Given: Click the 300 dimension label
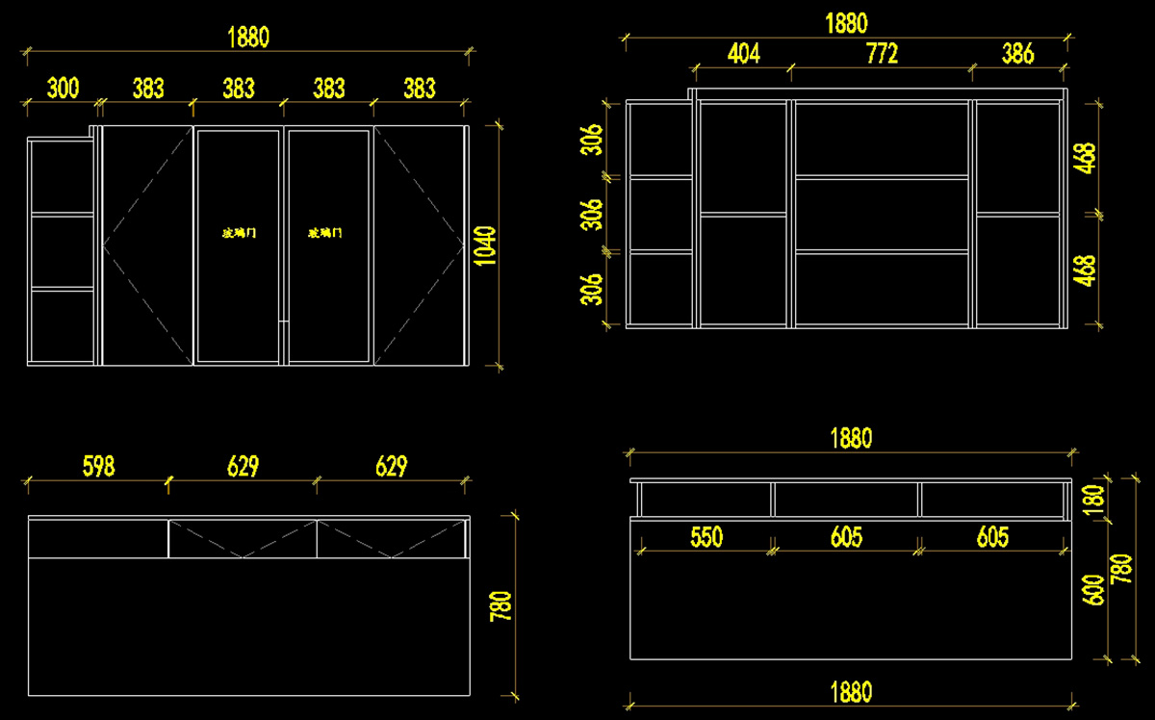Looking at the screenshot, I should [x=63, y=89].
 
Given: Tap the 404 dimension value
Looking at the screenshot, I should [x=743, y=54].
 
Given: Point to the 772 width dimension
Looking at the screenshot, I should [x=882, y=54].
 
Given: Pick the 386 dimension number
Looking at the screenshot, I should [x=1017, y=54].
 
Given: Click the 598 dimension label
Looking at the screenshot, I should [x=98, y=467].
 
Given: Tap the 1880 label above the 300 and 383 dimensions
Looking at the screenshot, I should [x=247, y=38].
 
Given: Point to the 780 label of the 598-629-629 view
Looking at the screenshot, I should [x=501, y=605].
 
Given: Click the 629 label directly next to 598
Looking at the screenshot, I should [x=243, y=467].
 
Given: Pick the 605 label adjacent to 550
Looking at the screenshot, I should [x=846, y=537].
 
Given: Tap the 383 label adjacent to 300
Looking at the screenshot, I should [x=148, y=89].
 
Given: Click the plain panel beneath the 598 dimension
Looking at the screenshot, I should [x=98, y=539].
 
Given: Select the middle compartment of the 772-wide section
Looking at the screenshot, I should [x=882, y=214].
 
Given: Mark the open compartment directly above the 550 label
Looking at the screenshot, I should [x=706, y=499].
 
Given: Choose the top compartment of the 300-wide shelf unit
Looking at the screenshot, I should [x=63, y=176].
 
